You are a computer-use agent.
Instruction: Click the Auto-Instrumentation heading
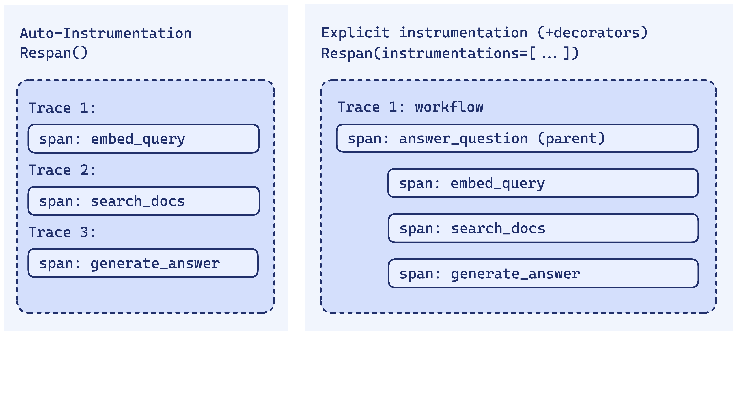106,33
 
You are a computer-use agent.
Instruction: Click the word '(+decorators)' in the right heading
593,33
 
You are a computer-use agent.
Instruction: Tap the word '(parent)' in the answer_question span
571,138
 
